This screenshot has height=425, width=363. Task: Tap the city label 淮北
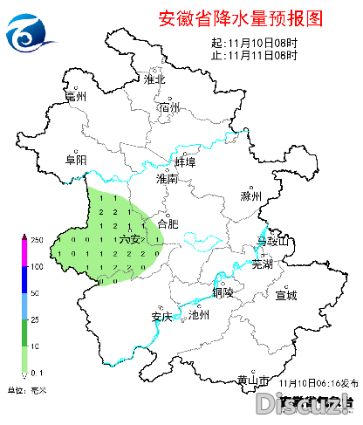coord(154,79)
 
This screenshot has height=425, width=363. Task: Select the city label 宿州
coord(169,108)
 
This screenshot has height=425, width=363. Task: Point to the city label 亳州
coord(77,98)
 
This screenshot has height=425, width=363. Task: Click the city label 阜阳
coord(77,160)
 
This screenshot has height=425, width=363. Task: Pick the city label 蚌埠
coord(185,163)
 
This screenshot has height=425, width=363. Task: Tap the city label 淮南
coord(166,179)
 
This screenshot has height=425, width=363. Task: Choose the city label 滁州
coord(250,196)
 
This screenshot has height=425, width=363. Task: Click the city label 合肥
coord(167,223)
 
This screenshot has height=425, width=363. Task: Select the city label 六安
coord(130,239)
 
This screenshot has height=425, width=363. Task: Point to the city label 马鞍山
coord(271,240)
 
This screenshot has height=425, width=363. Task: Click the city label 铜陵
coord(223,292)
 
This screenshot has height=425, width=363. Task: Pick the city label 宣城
coord(285,295)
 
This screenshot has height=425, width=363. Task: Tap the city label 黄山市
coord(251,380)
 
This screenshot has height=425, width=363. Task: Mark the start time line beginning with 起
coord(255,43)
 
